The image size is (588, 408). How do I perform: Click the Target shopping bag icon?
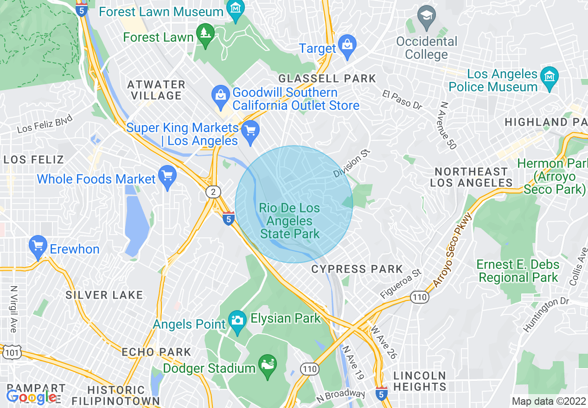[x=346, y=45]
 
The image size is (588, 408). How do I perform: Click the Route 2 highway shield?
[x=213, y=192]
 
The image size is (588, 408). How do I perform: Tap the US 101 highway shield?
[x=10, y=353]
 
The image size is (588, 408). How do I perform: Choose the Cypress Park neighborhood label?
[x=357, y=269]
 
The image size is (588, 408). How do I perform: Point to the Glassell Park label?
[x=327, y=78]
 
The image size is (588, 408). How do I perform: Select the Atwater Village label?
[x=156, y=90]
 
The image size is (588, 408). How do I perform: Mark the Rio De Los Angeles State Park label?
[x=290, y=221]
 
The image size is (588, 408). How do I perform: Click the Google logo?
[x=31, y=397]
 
